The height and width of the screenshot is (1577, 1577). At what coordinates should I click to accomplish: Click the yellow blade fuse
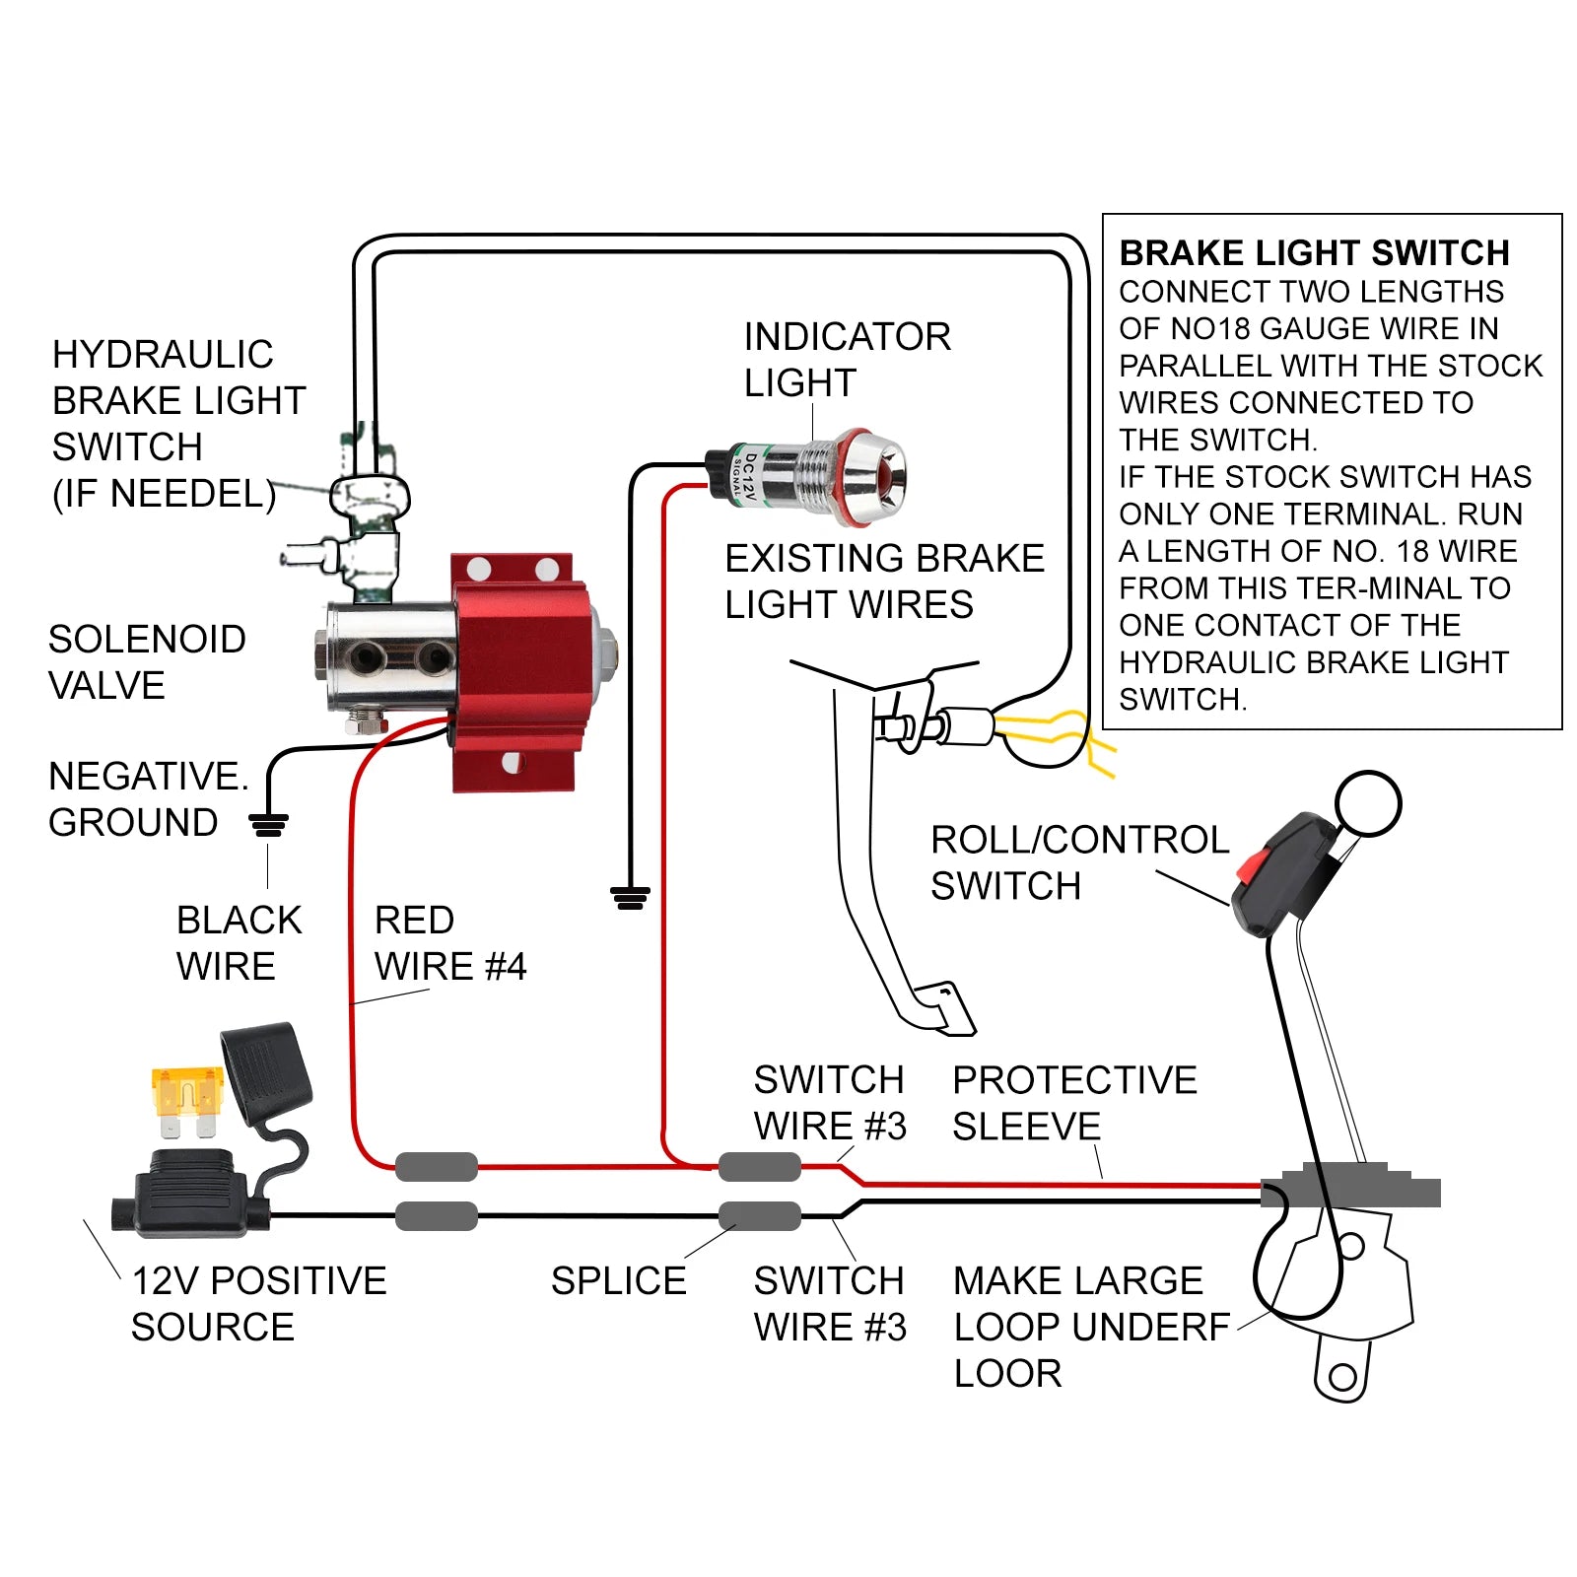coord(185,1100)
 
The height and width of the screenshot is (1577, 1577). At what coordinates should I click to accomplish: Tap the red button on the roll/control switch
coord(1250,866)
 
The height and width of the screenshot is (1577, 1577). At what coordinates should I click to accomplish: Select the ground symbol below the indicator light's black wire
coord(630,897)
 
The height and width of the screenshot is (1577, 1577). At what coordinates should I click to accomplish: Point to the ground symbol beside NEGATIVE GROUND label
coord(268,824)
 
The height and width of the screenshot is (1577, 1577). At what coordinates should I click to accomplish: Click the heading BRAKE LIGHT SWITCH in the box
coord(1314,253)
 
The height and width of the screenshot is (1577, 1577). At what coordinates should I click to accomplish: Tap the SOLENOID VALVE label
coord(147,662)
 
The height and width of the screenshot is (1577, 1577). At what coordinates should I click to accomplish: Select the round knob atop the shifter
coord(1368,803)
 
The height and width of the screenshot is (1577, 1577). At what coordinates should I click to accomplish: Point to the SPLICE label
coord(618,1281)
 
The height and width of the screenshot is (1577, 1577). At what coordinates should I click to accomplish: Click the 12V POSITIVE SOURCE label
coord(258,1303)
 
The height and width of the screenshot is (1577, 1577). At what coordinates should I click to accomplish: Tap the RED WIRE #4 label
coord(449,943)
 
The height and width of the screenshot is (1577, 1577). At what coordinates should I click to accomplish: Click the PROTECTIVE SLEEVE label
coord(1074,1103)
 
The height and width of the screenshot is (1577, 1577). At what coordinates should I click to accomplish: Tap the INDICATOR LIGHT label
coord(846,359)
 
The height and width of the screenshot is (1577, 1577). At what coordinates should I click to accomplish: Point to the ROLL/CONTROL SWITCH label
coord(1079,862)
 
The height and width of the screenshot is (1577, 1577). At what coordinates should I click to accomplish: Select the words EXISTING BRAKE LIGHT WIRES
coord(883,582)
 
